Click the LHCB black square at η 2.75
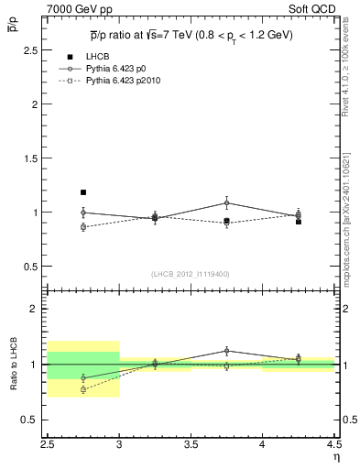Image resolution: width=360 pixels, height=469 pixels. click(x=83, y=192)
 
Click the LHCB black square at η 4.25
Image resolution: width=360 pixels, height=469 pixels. click(x=299, y=222)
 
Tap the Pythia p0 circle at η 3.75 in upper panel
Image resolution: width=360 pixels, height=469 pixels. click(x=227, y=202)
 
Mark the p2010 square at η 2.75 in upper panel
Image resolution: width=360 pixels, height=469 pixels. click(x=83, y=226)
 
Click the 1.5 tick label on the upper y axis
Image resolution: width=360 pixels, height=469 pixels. click(x=35, y=158)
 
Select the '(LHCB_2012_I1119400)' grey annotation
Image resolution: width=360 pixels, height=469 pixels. click(x=191, y=274)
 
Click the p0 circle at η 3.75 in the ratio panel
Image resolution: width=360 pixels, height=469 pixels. click(x=227, y=350)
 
